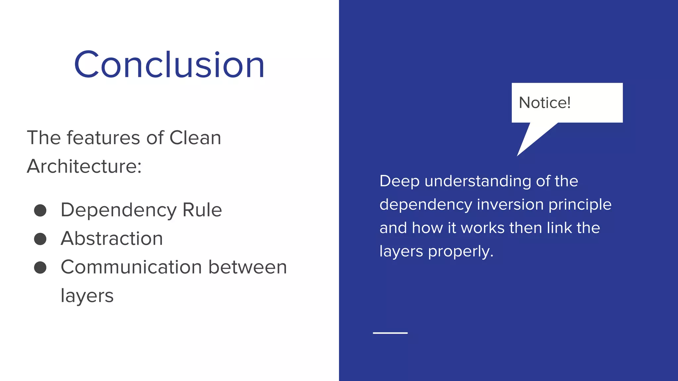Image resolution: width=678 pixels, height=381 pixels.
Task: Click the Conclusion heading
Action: point(169,64)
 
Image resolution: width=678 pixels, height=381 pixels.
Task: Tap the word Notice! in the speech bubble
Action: point(545,103)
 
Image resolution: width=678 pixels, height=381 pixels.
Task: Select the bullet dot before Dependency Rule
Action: point(40,210)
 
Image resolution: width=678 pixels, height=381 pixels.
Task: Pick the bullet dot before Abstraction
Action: point(40,239)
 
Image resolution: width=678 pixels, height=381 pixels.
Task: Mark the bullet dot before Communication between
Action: point(40,268)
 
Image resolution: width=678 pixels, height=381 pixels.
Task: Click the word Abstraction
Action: point(112,238)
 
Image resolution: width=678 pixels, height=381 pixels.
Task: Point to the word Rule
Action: point(202,210)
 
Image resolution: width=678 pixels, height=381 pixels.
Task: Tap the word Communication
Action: point(131,267)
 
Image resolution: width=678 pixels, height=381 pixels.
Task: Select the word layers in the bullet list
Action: point(87,296)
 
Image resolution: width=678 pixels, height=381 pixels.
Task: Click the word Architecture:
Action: point(84,166)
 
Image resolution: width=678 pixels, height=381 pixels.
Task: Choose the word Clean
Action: point(195,138)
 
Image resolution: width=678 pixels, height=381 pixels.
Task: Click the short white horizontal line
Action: point(390,333)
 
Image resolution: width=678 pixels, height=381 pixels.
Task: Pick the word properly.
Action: point(460,252)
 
